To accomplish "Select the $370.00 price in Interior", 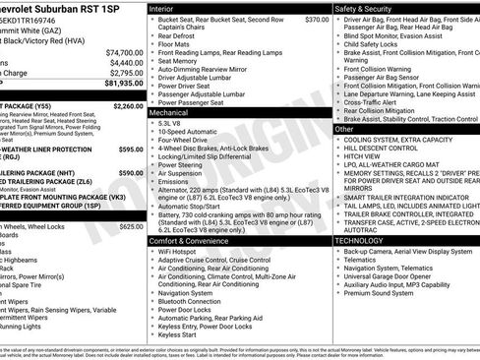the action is [316, 20].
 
